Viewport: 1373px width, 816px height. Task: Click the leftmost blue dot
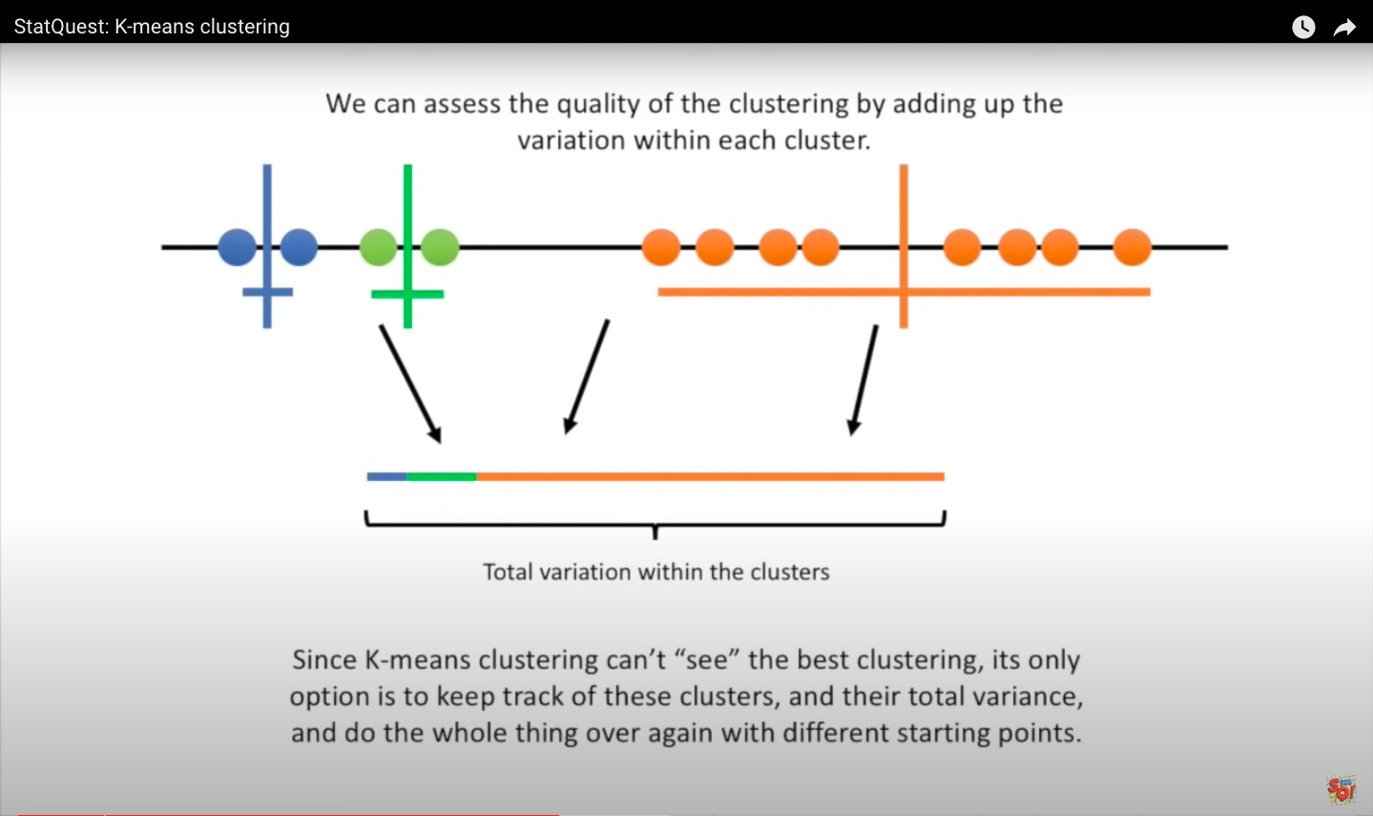click(x=237, y=247)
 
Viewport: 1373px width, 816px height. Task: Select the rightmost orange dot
click(x=1132, y=247)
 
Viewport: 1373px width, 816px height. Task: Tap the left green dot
click(x=378, y=247)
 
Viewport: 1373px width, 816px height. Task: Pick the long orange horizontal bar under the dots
click(x=763, y=292)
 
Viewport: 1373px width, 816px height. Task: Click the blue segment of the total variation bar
click(x=386, y=476)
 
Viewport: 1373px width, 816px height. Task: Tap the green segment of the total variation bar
click(x=441, y=476)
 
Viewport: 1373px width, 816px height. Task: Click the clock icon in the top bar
click(x=1303, y=27)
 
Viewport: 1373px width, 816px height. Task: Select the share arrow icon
click(x=1344, y=27)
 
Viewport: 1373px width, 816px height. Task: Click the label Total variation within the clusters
click(x=656, y=572)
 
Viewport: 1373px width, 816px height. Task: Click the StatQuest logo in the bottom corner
click(x=1341, y=789)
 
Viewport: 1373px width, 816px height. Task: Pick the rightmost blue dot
click(x=299, y=247)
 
